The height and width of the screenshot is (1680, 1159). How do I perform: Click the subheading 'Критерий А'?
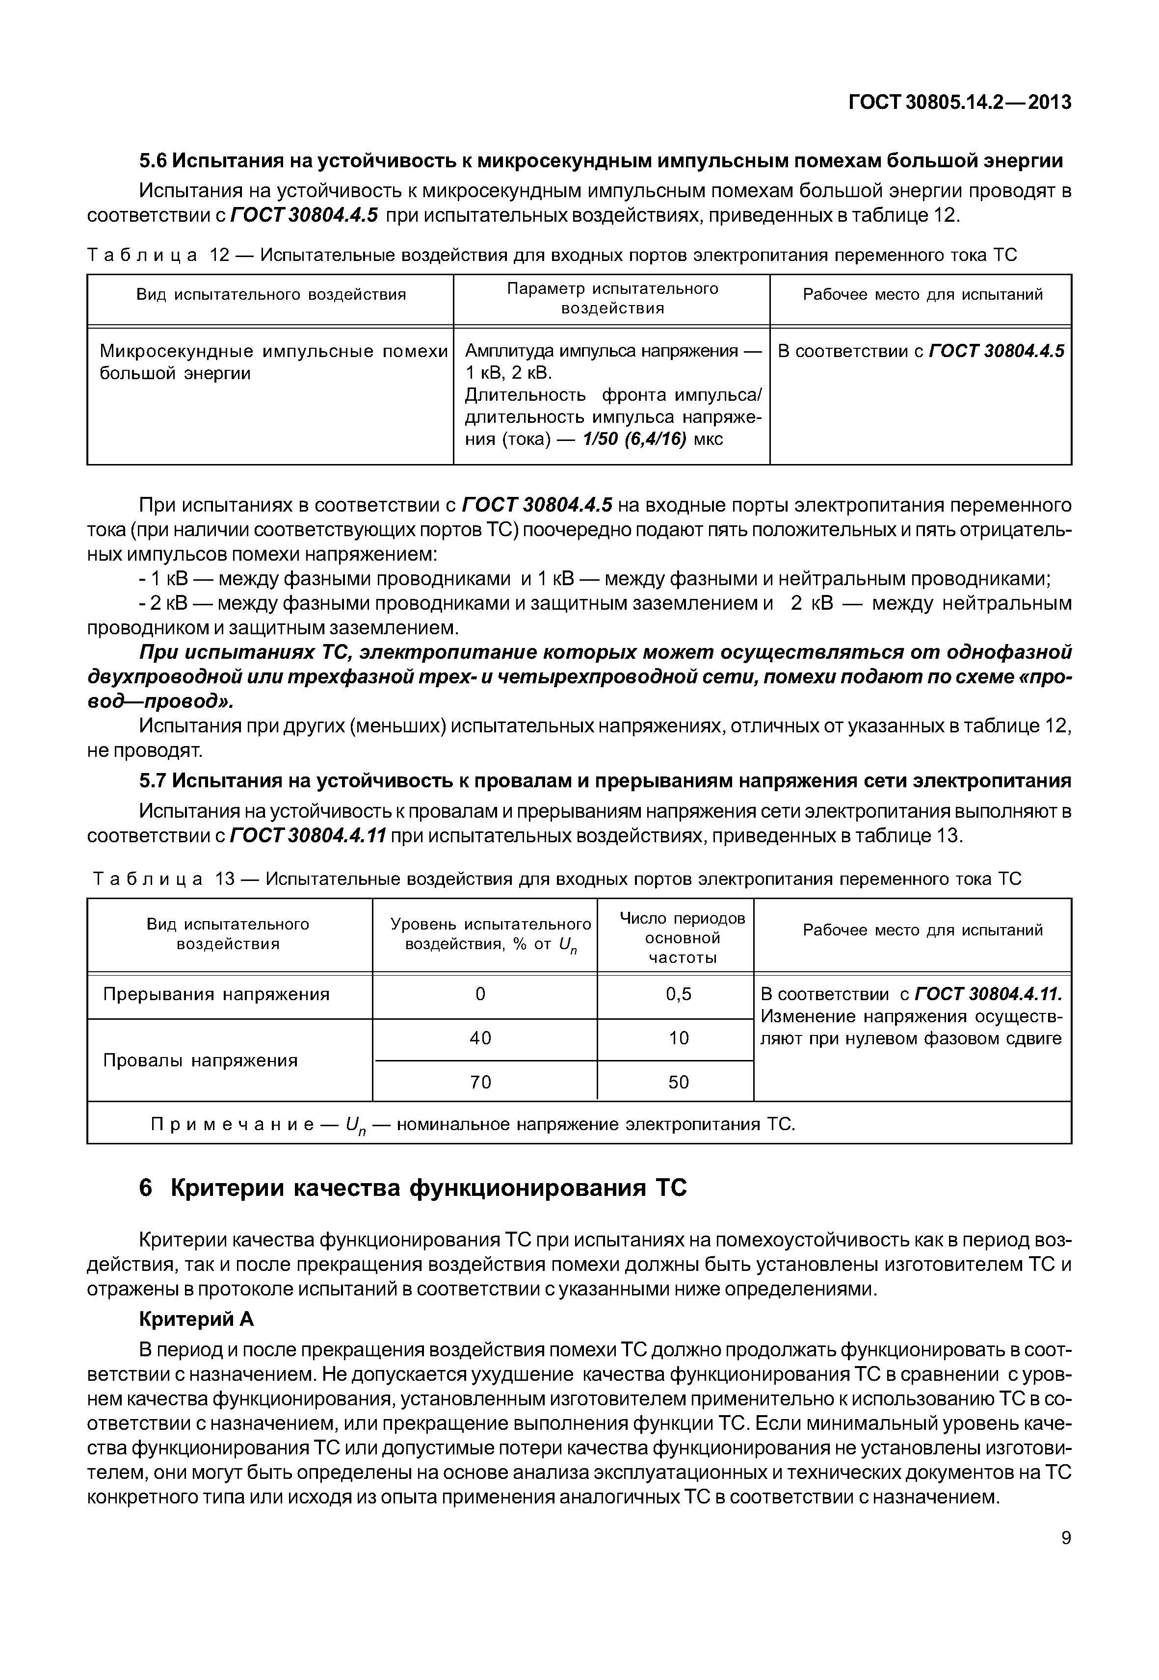(196, 1318)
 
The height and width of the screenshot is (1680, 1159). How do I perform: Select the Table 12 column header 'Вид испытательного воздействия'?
(271, 295)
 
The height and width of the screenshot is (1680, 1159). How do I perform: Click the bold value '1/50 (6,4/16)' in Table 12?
(634, 439)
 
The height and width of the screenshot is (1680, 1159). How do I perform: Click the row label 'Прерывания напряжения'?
(216, 994)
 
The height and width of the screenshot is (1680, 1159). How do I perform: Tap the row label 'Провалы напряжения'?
(200, 1060)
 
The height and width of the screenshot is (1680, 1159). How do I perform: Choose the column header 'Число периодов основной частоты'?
(682, 938)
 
